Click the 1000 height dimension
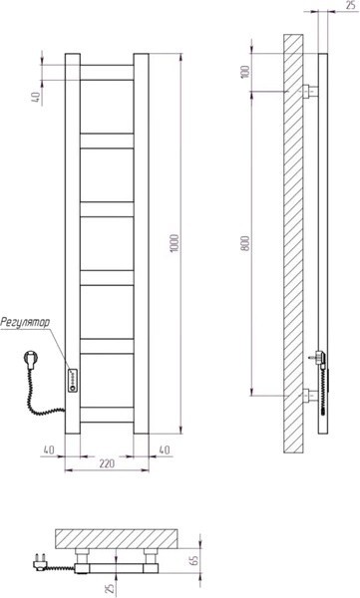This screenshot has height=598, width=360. click(175, 243)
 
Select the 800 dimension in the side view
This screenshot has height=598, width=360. click(246, 243)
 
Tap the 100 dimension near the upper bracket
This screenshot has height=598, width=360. click(246, 72)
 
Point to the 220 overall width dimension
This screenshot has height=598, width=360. click(107, 463)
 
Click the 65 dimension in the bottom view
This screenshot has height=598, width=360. click(193, 560)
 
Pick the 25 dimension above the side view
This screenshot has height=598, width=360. click(350, 5)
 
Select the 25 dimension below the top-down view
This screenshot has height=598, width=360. click(110, 589)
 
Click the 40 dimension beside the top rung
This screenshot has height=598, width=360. click(36, 97)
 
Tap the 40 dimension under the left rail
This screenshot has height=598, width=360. click(49, 449)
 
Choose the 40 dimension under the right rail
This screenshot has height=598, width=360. click(165, 449)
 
